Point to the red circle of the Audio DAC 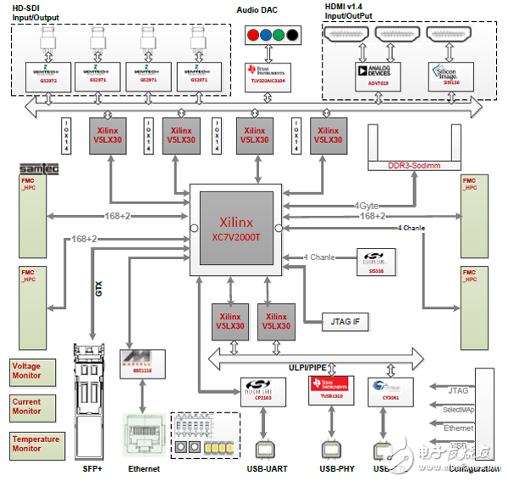coord(254,36)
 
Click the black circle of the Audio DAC coord(292,36)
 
